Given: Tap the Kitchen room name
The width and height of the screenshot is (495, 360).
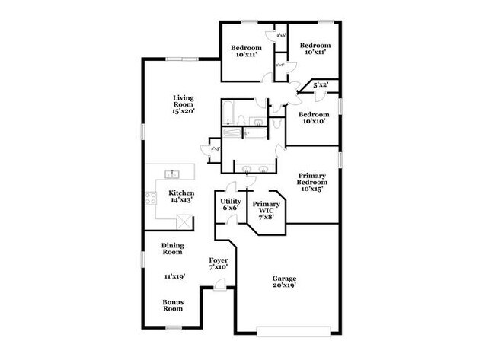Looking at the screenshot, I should (181, 193).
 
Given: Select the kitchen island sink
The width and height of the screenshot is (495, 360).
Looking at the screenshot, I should (173, 174).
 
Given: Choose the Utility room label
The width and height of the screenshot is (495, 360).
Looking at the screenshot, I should (231, 200).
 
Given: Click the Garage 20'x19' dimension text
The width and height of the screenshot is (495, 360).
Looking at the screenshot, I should (284, 287).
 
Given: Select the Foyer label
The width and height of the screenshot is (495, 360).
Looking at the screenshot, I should (219, 261).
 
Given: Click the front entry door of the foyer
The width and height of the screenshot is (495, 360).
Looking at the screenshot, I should (219, 285).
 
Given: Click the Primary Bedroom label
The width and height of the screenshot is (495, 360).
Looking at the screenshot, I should (312, 179).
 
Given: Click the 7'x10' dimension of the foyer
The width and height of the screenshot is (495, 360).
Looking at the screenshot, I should (219, 268).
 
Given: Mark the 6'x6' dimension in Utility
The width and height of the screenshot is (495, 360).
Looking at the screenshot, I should (231, 207).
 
